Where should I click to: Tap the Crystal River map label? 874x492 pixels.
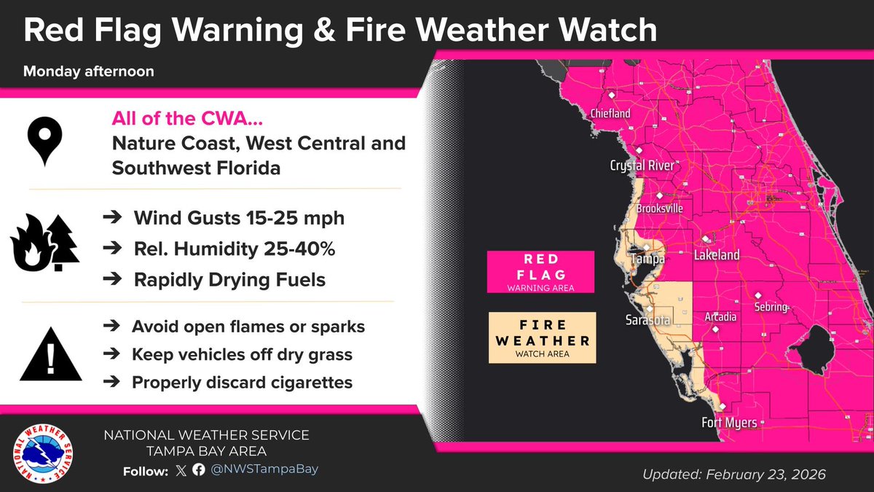tap(642, 166)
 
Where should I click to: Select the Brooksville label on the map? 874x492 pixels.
tap(659, 208)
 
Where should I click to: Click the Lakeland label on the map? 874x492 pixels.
tap(717, 255)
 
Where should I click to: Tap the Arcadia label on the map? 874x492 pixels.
tap(720, 317)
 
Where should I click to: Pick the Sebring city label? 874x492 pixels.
tap(771, 307)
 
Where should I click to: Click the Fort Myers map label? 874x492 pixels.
tap(729, 423)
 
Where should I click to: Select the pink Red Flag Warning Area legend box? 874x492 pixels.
tap(541, 272)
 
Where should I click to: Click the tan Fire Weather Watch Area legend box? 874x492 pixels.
tap(542, 337)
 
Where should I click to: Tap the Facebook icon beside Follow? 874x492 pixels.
tap(198, 471)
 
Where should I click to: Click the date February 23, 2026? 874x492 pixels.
tap(764, 475)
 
